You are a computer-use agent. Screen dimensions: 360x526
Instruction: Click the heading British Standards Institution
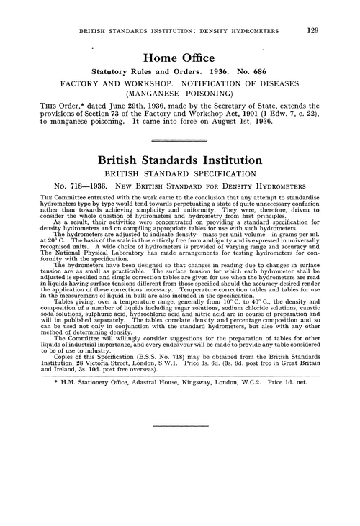coord(179,162)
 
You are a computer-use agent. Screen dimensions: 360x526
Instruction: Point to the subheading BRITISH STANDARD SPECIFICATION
coord(179,174)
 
